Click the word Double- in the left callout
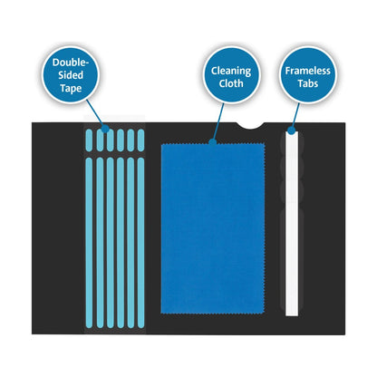point(71,63)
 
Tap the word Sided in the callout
point(71,75)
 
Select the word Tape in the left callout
point(71,88)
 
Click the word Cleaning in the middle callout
point(231,72)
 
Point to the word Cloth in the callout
point(231,83)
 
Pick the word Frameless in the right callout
point(308,71)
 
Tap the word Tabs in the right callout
point(308,83)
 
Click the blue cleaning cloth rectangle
point(213,228)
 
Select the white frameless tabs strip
point(292,224)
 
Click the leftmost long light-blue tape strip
point(89,243)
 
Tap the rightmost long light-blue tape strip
point(140,243)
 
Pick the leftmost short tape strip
point(89,140)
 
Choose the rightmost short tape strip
point(140,140)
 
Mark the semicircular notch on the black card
point(250,126)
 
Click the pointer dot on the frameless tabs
point(291,130)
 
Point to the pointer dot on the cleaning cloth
point(213,142)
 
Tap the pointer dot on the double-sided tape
point(105,129)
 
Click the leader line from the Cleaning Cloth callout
point(218,122)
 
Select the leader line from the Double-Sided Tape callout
point(95,114)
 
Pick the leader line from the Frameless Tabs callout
point(295,117)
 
